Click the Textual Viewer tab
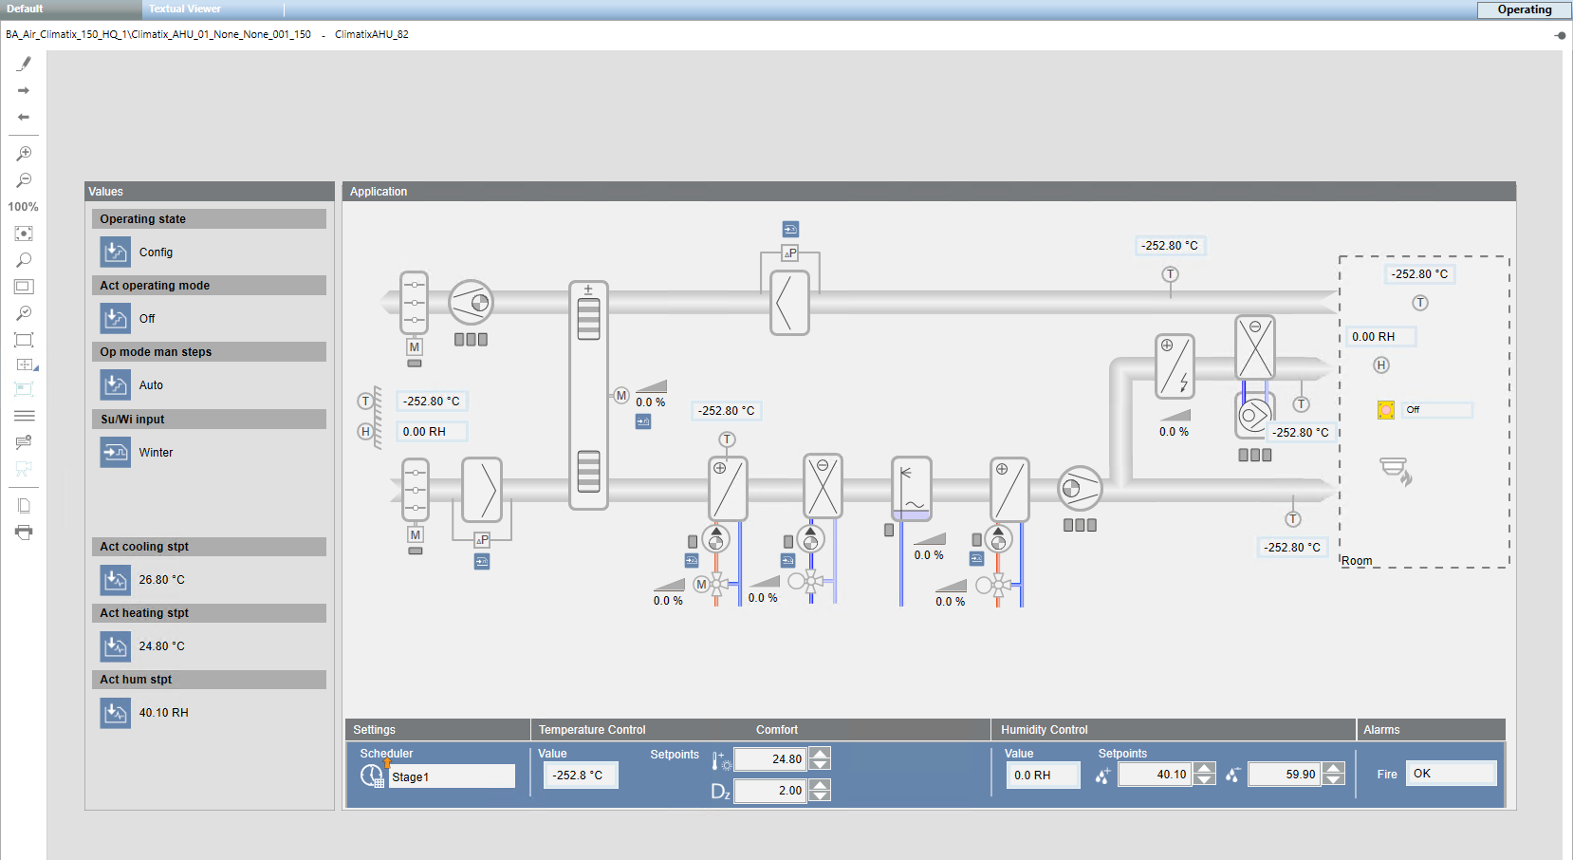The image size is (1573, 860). click(185, 9)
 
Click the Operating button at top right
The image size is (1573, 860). click(1524, 9)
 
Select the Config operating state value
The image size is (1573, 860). click(156, 252)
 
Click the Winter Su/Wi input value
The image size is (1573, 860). click(156, 453)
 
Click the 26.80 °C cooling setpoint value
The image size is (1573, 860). click(161, 580)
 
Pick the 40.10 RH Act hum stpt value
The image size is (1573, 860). click(163, 713)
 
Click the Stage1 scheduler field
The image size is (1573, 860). click(451, 776)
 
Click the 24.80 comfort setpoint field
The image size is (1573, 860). click(769, 758)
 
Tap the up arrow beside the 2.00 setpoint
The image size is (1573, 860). click(821, 784)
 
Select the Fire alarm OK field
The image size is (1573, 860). click(1450, 774)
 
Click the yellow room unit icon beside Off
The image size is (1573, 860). click(1386, 410)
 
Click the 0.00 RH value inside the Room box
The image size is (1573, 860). click(1379, 337)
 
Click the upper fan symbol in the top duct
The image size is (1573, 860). click(471, 303)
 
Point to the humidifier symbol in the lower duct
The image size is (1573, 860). click(912, 488)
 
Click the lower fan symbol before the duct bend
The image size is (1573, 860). click(1080, 489)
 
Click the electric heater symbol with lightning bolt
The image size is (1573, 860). click(1175, 365)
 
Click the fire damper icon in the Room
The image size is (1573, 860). click(1396, 470)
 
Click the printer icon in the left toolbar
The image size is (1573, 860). click(24, 533)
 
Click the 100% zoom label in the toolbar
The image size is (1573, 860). click(23, 207)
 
